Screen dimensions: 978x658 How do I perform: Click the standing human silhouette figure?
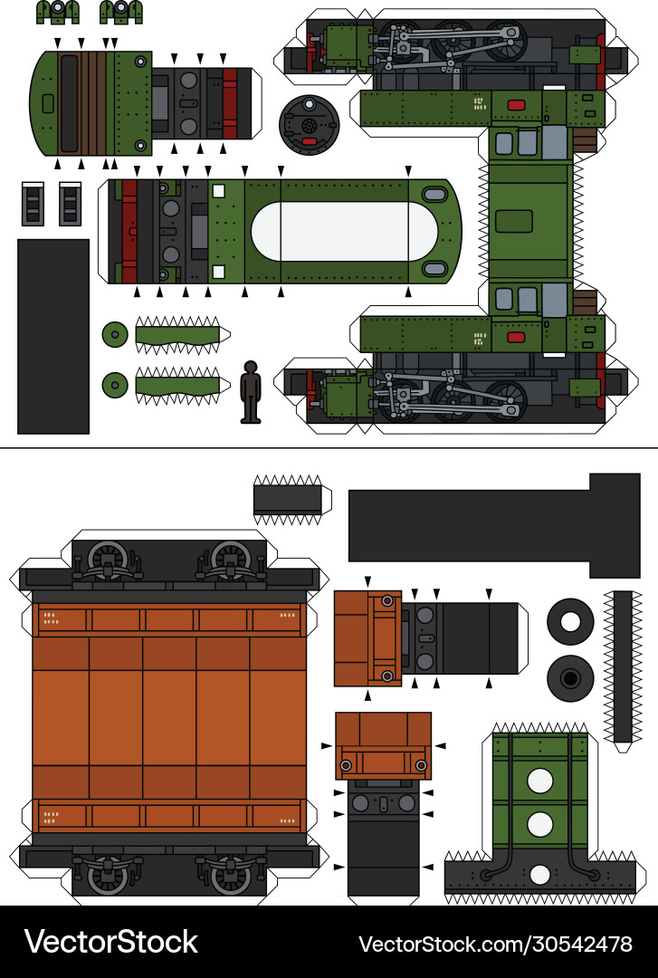(x=251, y=391)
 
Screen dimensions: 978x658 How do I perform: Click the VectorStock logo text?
(x=110, y=942)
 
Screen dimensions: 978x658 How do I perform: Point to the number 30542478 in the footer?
(x=575, y=944)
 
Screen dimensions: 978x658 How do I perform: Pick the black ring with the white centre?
(x=570, y=623)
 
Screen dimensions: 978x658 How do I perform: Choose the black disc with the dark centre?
(x=570, y=678)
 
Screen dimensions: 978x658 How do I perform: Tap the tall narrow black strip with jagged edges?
(x=623, y=666)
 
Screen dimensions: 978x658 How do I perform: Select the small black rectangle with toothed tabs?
(x=287, y=499)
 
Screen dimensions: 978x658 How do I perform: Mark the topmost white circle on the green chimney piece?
(x=540, y=781)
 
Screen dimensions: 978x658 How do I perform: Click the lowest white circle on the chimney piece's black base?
(x=540, y=875)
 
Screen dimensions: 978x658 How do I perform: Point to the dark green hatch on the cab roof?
(x=514, y=221)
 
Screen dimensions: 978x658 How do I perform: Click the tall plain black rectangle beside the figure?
(x=53, y=336)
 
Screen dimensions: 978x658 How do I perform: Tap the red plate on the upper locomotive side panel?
(x=516, y=105)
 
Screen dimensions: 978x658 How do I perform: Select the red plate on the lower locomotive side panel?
(x=516, y=337)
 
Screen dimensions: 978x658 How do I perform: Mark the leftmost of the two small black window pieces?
(x=33, y=204)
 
